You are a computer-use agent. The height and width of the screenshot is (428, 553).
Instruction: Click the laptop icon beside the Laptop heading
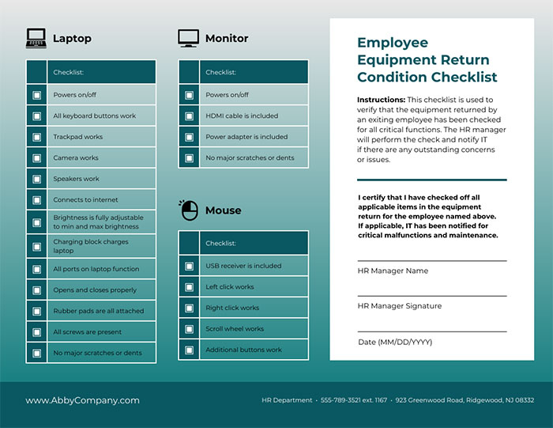click(x=36, y=37)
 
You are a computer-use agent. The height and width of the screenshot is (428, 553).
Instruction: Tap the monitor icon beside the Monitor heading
click(x=188, y=37)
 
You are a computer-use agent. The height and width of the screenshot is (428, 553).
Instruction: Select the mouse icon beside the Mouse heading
click(x=188, y=210)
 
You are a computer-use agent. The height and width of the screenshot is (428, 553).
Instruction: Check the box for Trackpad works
click(x=36, y=137)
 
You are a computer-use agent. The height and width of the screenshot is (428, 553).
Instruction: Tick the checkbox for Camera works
click(x=36, y=158)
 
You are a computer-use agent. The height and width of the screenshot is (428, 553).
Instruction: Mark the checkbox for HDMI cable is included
click(x=189, y=116)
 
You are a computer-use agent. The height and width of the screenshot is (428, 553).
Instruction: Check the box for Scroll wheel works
click(x=189, y=329)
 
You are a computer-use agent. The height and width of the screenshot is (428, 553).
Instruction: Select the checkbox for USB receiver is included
click(x=189, y=266)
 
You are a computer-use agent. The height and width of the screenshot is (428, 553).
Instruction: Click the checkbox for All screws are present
click(x=36, y=332)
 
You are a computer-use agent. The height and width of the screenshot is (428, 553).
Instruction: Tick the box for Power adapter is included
click(x=189, y=137)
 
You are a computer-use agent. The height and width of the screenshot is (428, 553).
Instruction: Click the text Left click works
click(x=230, y=287)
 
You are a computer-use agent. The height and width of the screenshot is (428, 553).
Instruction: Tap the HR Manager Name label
click(x=393, y=271)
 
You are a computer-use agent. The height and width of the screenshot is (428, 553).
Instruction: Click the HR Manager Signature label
click(x=399, y=305)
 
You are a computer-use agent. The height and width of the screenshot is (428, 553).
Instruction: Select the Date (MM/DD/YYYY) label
click(x=395, y=342)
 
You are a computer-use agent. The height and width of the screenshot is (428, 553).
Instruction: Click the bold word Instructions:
click(x=381, y=100)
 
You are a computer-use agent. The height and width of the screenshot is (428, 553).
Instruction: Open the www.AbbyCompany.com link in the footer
click(x=82, y=400)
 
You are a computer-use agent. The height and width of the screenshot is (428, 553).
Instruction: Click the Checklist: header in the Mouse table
click(x=220, y=244)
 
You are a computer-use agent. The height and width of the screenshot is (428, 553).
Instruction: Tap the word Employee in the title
click(x=393, y=43)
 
